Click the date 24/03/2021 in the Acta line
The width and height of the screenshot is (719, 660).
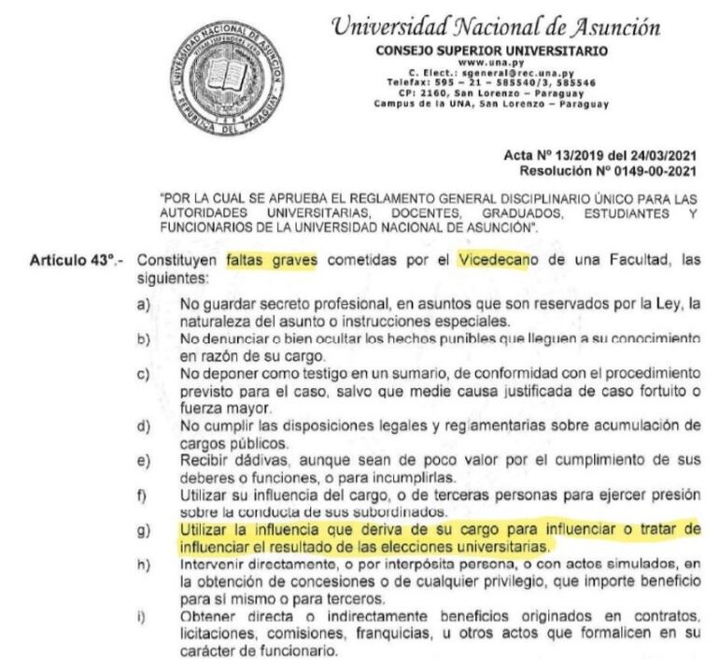pos(666,151)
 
